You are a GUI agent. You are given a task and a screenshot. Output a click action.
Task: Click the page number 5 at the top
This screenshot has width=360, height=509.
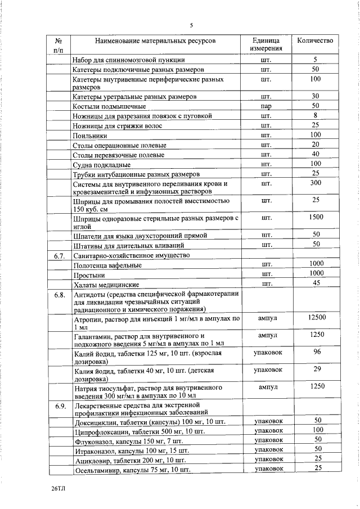point(191,25)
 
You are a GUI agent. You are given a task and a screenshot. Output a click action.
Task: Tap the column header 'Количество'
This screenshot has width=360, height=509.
point(315,40)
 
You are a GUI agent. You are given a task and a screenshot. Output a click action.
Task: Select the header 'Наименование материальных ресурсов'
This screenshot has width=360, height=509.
point(155,40)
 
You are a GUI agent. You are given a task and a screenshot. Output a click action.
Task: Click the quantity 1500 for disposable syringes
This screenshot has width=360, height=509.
point(316,217)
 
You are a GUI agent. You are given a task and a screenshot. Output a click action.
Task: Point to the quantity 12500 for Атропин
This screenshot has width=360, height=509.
point(317,318)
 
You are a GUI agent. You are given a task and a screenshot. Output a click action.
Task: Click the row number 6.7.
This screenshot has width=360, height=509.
point(60,255)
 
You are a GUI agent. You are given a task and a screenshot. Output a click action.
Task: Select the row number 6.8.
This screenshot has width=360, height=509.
point(60,294)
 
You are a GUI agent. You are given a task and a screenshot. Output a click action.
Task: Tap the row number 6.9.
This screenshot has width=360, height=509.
point(60,406)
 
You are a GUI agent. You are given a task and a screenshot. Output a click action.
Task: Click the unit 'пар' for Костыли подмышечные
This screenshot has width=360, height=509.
point(266,106)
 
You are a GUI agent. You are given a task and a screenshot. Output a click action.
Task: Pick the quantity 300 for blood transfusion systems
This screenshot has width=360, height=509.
point(316,183)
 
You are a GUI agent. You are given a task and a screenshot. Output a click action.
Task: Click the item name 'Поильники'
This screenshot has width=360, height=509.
point(90,136)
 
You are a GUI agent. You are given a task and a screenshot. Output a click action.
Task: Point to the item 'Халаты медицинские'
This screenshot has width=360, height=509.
point(106,285)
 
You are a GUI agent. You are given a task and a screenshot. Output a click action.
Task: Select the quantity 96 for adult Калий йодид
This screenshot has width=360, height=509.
point(317,352)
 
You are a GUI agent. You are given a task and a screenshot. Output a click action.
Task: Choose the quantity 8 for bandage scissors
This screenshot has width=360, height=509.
point(316,115)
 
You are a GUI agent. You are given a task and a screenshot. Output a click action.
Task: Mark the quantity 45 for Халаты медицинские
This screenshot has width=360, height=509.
point(316,283)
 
